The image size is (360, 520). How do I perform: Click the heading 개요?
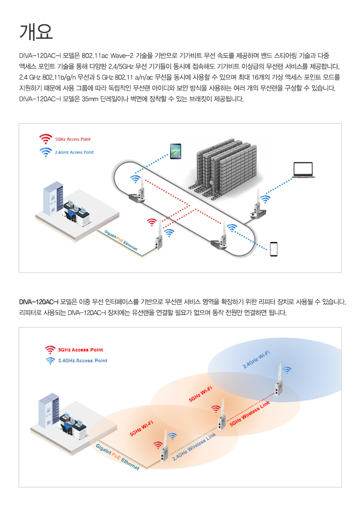(x=36, y=32)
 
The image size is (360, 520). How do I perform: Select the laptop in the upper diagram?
(x=303, y=170)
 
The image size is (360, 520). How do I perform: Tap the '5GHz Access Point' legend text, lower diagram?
(x=80, y=349)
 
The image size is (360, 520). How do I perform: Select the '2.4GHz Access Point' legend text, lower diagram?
(x=82, y=361)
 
